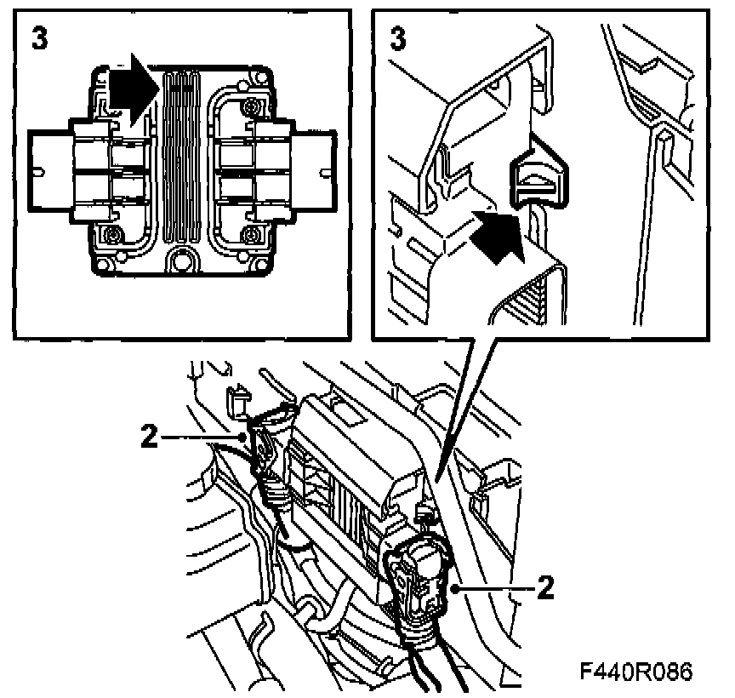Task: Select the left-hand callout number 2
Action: pyautogui.click(x=149, y=438)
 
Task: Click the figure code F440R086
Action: pyautogui.click(x=636, y=672)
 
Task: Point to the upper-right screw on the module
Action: pyautogui.click(x=251, y=107)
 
